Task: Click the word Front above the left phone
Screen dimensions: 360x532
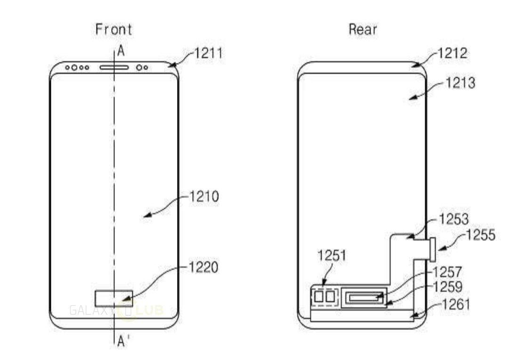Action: [x=113, y=29]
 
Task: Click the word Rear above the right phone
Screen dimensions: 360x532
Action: [x=363, y=29]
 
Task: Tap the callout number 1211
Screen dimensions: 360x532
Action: [x=206, y=54]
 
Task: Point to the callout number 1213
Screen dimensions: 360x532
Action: [x=460, y=83]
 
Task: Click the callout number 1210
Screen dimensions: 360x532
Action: [x=204, y=196]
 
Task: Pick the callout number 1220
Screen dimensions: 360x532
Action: [x=204, y=267]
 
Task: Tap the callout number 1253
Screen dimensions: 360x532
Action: [x=453, y=219]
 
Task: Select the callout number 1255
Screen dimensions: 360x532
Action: [x=480, y=235]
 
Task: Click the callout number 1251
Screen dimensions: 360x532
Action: [x=332, y=256]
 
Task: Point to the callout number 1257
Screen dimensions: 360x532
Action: [x=447, y=272]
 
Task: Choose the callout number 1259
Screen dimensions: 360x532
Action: [x=447, y=286]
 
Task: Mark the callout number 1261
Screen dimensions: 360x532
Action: [x=455, y=304]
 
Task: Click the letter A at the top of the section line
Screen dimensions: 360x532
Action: [x=121, y=51]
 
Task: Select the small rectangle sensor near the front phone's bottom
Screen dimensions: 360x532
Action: [x=113, y=298]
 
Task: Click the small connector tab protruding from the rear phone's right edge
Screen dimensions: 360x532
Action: [x=432, y=249]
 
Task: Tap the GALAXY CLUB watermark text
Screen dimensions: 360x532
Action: [x=116, y=310]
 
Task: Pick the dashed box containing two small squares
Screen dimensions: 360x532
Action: [x=325, y=296]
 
